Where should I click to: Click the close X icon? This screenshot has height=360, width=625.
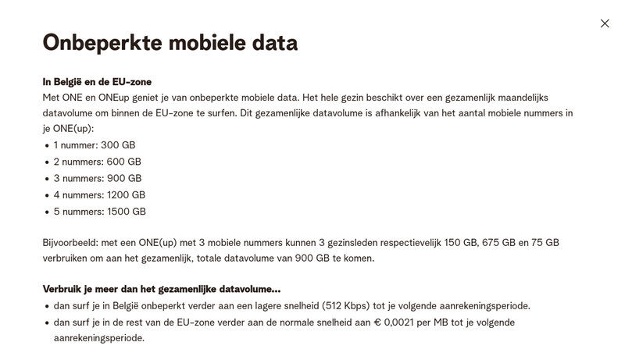coord(605,23)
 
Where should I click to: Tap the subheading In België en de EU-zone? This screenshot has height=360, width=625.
coord(97,81)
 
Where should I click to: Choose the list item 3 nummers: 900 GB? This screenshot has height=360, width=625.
coord(98,178)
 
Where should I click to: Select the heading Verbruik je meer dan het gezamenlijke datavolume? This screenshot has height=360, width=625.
coord(162,289)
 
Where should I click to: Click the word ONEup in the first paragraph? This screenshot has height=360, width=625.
coord(123,97)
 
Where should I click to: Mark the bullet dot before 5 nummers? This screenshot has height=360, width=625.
coord(47,212)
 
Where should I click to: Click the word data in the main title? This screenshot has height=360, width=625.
coord(273,43)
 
